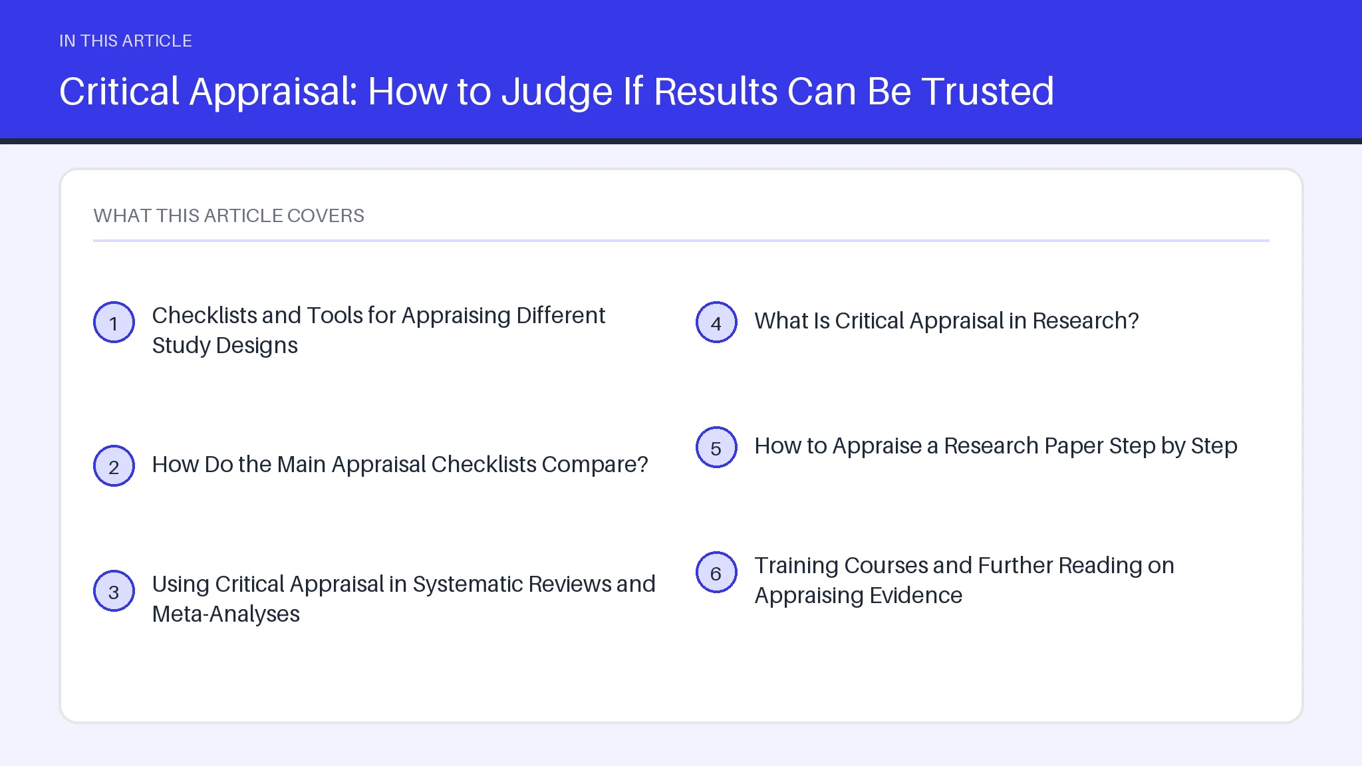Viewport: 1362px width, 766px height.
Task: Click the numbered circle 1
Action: pos(114,322)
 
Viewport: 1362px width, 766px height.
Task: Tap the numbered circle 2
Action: pos(114,466)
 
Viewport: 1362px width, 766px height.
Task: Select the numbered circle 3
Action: pos(114,591)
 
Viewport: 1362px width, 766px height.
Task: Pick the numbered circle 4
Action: pos(716,322)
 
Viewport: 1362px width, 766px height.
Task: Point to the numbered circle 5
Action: pos(716,447)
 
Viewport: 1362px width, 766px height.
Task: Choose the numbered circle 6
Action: pos(716,573)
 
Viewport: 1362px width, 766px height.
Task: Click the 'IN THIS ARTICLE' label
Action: pos(126,41)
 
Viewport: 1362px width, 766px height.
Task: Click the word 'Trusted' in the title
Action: pos(988,91)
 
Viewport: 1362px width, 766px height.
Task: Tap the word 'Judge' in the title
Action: pos(557,92)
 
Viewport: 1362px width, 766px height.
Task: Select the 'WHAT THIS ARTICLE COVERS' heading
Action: pos(229,215)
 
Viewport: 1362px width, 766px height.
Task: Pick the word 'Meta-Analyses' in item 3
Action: pos(226,614)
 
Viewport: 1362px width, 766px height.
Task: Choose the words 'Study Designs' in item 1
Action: pos(225,346)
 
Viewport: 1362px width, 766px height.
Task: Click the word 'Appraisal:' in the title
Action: pos(274,92)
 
